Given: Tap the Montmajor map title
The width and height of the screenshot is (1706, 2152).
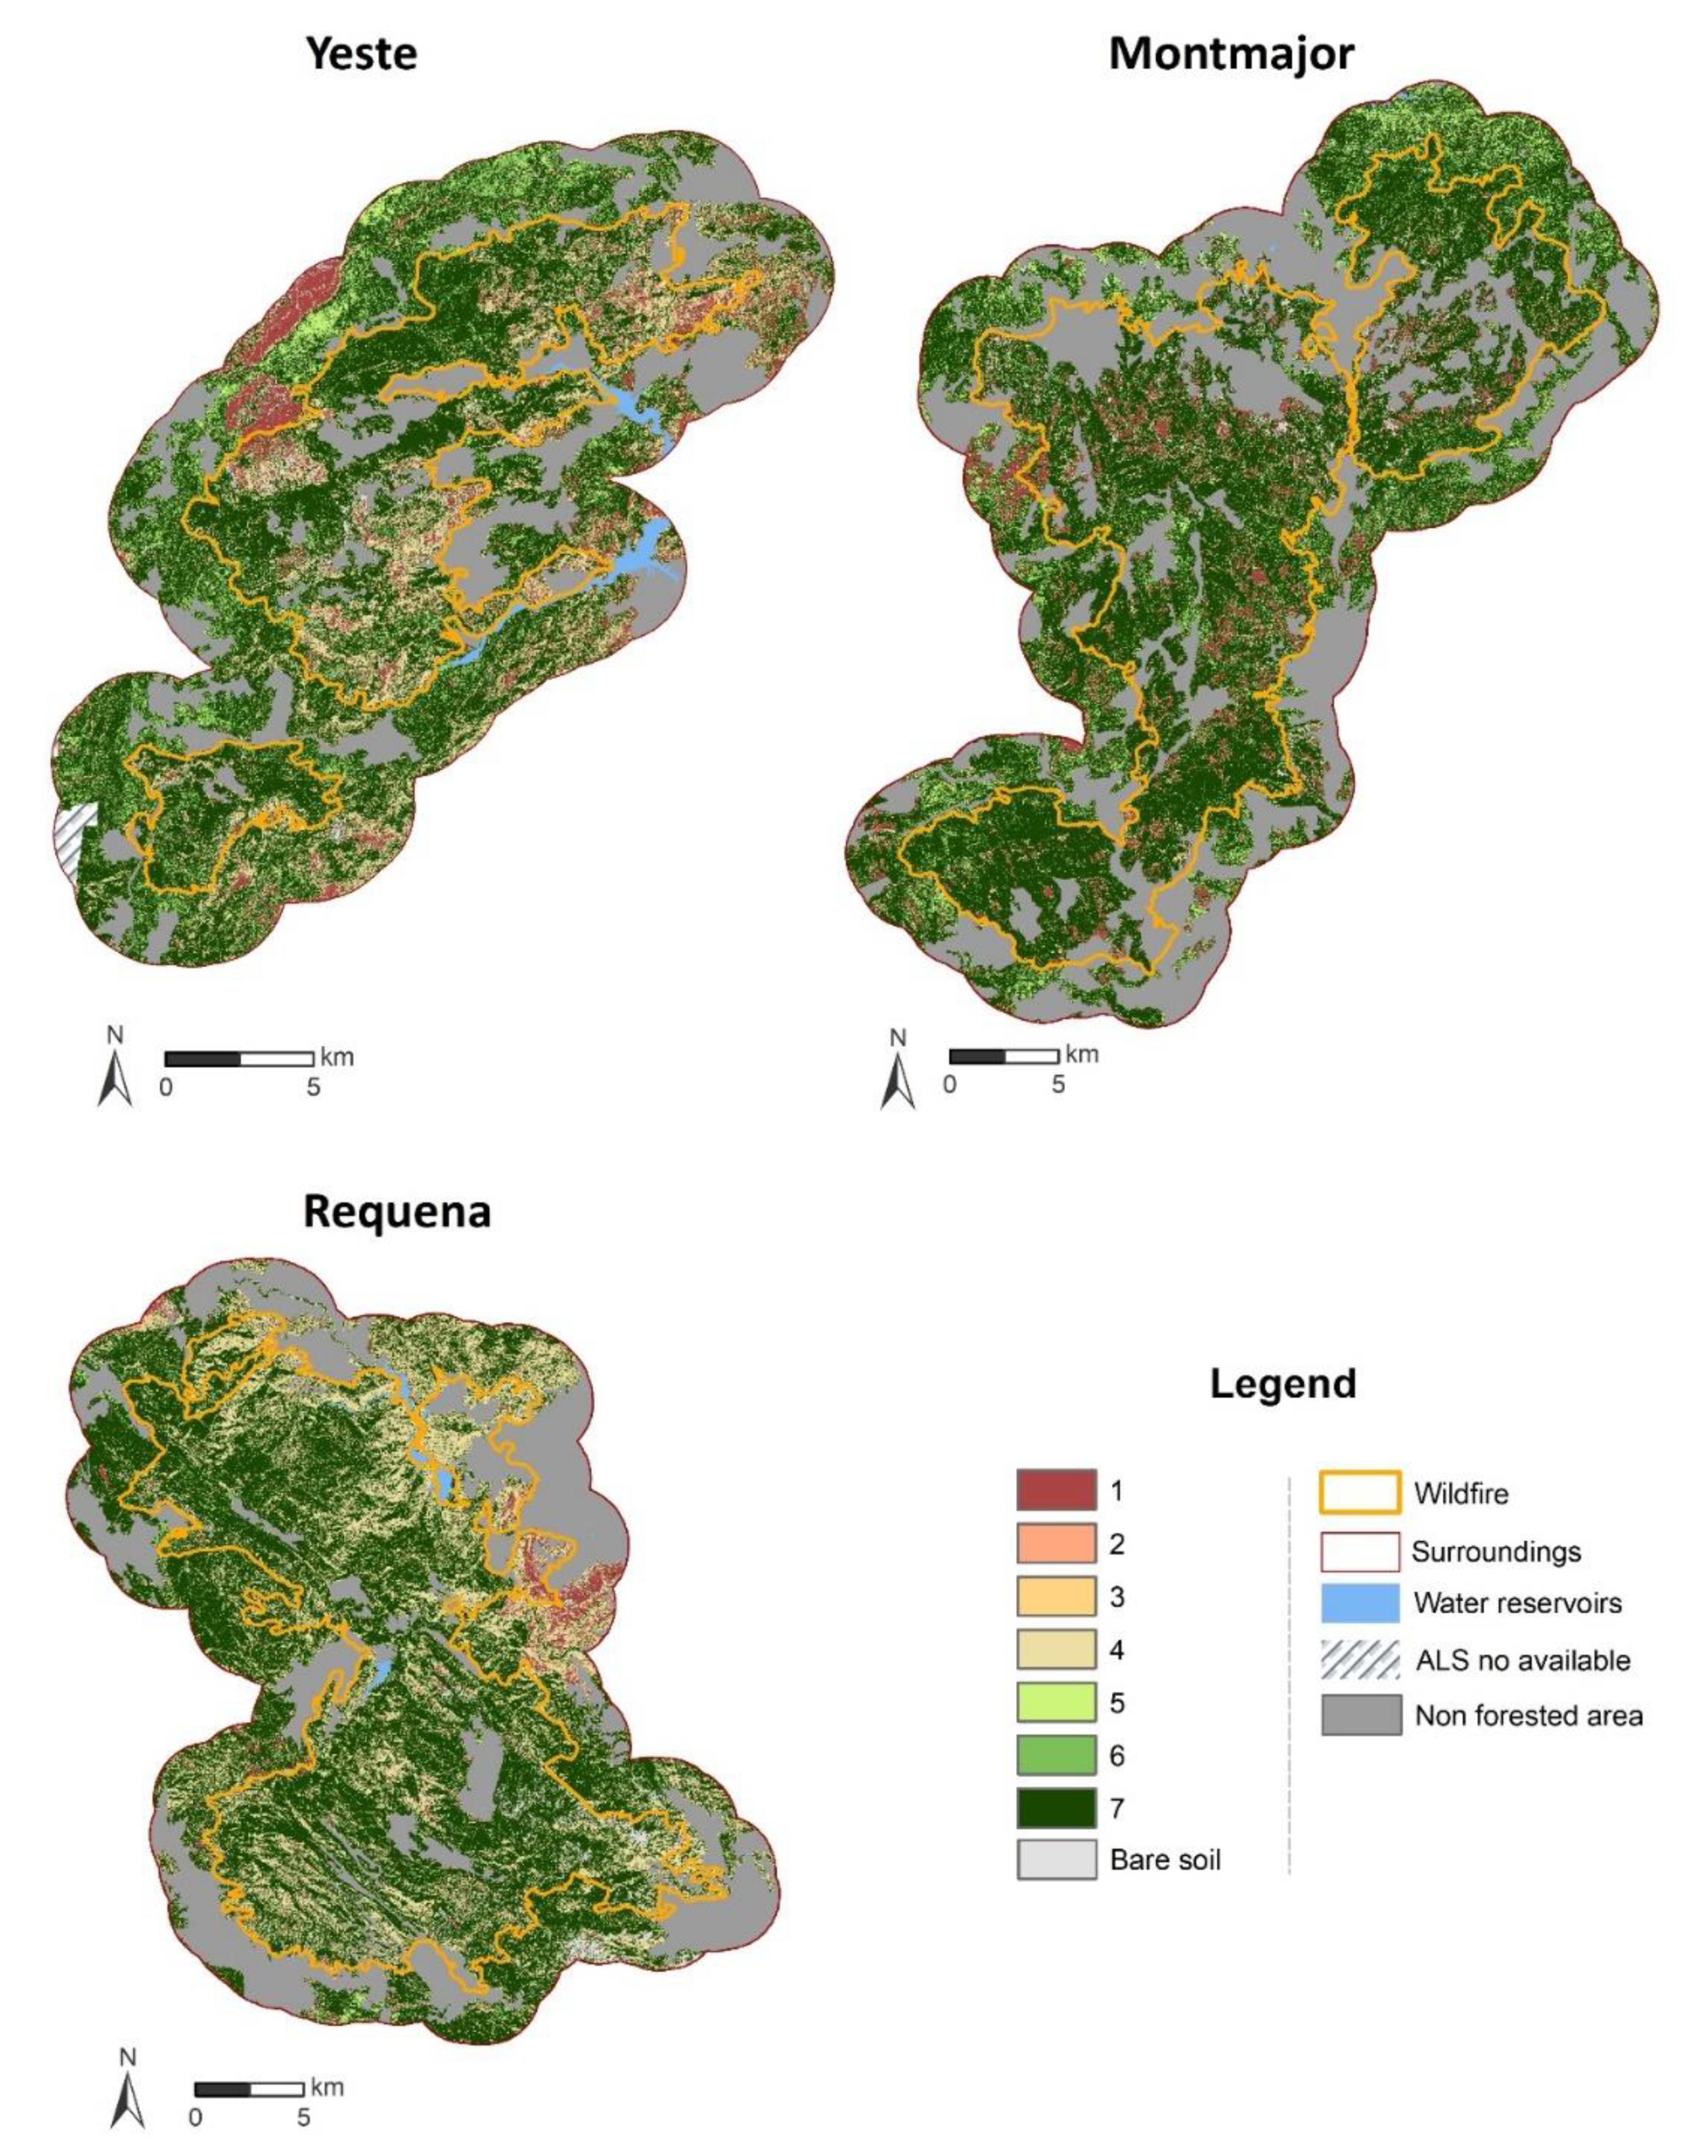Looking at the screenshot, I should (x=1231, y=53).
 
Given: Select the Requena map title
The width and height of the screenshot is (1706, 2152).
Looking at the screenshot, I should (x=396, y=1211).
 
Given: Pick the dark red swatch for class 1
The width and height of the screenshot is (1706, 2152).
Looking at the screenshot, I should (x=1055, y=1490).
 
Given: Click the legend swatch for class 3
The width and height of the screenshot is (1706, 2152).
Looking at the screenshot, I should (x=1055, y=1596).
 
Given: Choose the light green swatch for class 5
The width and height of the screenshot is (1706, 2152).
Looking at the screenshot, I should (x=1055, y=1702).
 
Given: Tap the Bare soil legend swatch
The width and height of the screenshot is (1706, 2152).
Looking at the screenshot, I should (x=1055, y=1859).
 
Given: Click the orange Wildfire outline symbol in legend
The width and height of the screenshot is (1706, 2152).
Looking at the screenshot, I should (x=1358, y=1493).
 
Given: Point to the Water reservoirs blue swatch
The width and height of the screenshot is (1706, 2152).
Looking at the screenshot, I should (x=1358, y=1603).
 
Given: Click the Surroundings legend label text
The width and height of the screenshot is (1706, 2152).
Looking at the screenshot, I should (x=1495, y=1551).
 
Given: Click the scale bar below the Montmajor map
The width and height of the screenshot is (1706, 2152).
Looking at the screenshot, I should (x=1002, y=1056).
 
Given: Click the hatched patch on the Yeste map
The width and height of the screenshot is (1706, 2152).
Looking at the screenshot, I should (x=76, y=838).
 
